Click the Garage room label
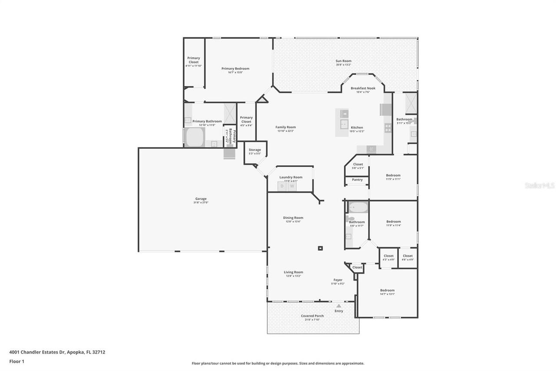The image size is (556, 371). click(201, 199)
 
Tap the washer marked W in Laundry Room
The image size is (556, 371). click(292, 186)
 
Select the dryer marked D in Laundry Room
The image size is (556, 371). click(282, 186)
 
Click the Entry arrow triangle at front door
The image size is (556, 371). click(339, 306)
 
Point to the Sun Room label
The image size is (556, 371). click(343, 61)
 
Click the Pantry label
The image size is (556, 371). click(357, 180)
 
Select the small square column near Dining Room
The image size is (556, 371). click(320, 248)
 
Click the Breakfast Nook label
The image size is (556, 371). click(363, 88)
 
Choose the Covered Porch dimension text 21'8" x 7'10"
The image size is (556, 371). click(313, 320)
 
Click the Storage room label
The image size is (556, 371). click(255, 150)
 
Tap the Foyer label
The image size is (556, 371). click(338, 280)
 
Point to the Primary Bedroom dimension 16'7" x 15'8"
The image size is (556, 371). click(235, 72)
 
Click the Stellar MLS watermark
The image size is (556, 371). click(539, 185)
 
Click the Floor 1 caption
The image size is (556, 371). click(17, 361)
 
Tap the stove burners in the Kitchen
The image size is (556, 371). click(387, 128)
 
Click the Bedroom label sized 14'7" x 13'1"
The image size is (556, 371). click(387, 290)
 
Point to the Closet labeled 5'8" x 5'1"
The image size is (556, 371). click(358, 164)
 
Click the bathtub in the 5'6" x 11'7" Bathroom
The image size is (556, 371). click(358, 207)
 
